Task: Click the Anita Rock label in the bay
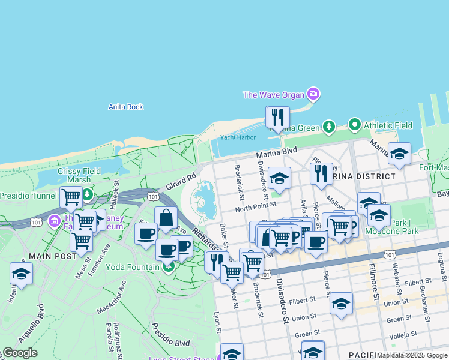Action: point(126,107)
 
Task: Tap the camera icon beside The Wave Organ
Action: point(313,94)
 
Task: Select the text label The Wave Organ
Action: point(274,95)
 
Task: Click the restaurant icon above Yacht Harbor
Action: point(277,117)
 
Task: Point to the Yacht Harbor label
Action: point(238,137)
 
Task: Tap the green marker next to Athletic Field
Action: point(354,125)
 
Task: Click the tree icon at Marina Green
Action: point(328,127)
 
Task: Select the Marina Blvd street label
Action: point(277,154)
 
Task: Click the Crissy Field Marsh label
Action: point(79,175)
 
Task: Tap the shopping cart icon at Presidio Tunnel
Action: point(71,196)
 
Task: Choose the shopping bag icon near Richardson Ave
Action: point(166,217)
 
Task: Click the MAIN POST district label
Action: point(52,256)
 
